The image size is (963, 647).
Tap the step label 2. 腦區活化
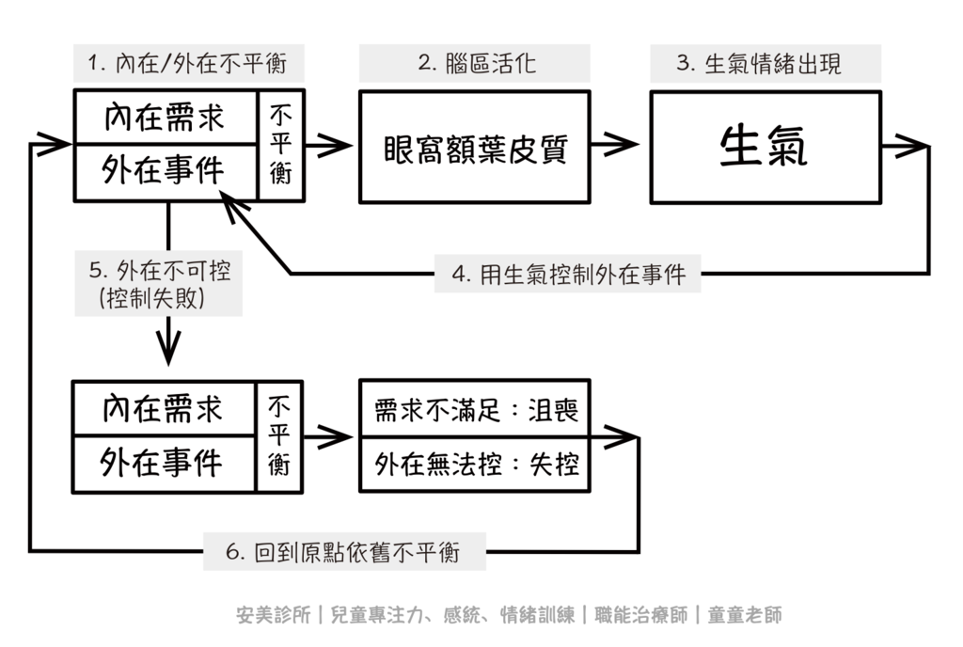point(476,64)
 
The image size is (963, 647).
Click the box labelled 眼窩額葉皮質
point(476,147)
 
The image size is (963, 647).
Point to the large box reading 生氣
point(764,147)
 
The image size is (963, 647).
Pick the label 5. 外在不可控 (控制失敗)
point(159,285)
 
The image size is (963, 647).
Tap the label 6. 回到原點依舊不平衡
point(344,551)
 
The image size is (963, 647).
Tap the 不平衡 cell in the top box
point(280,146)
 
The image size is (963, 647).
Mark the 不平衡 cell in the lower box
point(279,435)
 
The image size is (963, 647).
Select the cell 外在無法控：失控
point(476,464)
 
